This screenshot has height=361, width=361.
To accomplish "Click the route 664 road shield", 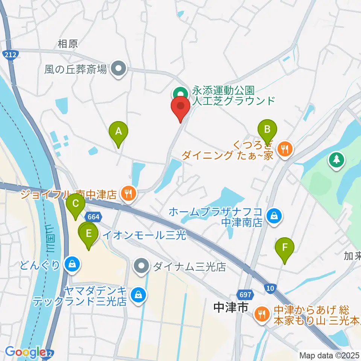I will (x=92, y=217).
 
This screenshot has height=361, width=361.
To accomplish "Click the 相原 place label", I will (x=68, y=44).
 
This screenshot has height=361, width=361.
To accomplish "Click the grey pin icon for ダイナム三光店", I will (x=142, y=267).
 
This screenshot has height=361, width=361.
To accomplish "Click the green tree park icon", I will (x=336, y=159).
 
